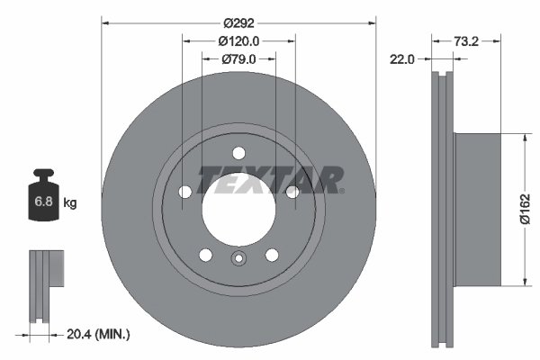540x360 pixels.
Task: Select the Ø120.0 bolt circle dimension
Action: click(238, 40)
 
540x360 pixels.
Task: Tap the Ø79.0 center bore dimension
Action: click(238, 59)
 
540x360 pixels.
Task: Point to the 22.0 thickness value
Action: click(401, 59)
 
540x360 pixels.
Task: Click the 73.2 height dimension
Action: click(465, 40)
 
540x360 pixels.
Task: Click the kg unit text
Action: click(70, 203)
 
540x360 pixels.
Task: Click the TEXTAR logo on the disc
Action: click(270, 180)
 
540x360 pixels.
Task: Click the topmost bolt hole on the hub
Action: click(238, 152)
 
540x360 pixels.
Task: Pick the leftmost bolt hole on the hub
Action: click(185, 191)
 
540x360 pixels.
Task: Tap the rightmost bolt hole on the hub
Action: click(292, 191)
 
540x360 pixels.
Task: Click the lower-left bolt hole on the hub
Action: click(205, 253)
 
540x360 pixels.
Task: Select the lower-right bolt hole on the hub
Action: click(272, 253)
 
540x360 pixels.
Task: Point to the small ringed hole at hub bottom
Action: click(238, 261)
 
